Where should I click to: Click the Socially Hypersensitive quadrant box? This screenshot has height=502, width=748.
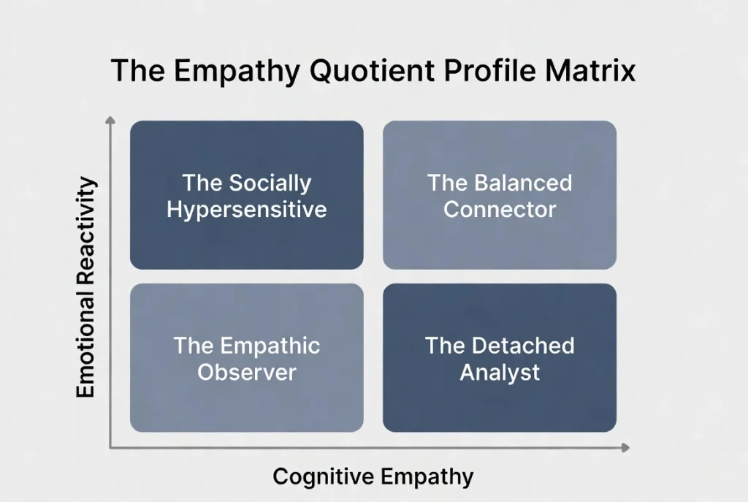click(247, 195)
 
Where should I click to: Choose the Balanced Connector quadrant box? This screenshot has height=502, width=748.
click(500, 195)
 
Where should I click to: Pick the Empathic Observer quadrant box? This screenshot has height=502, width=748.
click(247, 358)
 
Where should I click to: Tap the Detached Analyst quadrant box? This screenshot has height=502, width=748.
click(500, 358)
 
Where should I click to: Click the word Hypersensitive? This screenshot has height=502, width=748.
click(247, 210)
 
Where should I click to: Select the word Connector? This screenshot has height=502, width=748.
click(500, 210)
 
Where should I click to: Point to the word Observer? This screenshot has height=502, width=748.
click(247, 372)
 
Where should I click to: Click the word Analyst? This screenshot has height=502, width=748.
click(500, 372)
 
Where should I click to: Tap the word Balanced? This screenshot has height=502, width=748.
click(523, 182)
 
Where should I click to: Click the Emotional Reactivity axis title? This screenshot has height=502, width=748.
click(86, 286)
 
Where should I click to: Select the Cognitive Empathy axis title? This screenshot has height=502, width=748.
click(373, 477)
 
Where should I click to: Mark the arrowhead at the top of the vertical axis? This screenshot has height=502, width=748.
click(110, 119)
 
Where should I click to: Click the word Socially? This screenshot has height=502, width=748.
click(270, 182)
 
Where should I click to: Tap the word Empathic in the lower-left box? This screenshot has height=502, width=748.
click(270, 345)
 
